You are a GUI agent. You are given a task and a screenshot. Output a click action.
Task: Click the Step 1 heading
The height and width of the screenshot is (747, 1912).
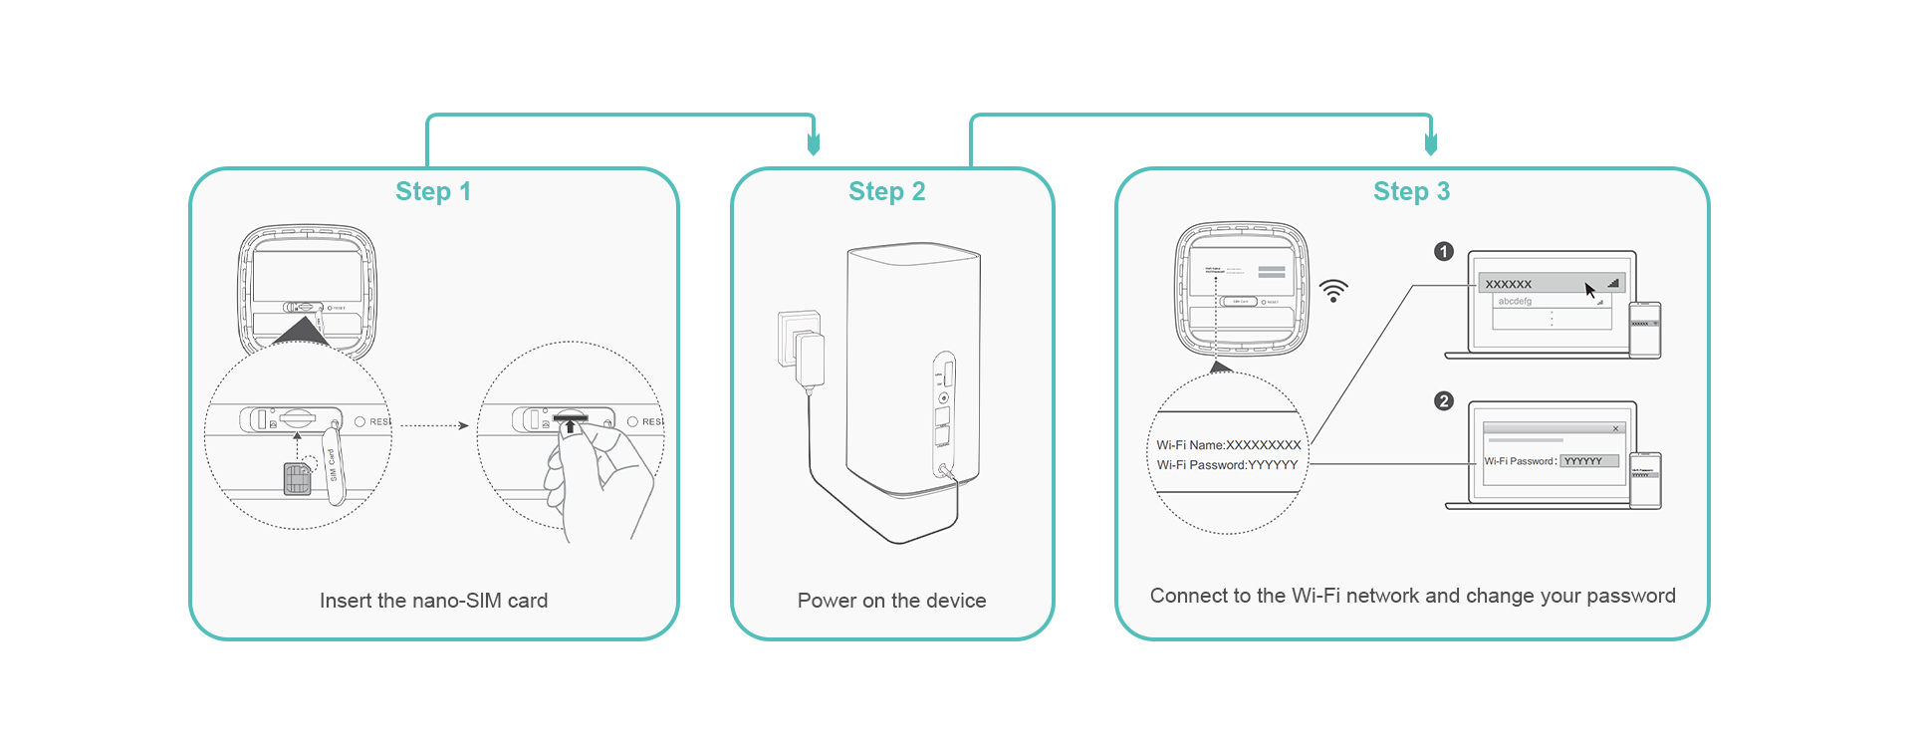(433, 191)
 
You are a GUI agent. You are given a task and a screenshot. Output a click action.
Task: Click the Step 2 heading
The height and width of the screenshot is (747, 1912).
(886, 191)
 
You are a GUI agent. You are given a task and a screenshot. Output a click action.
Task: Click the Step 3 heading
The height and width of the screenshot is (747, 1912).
(1411, 191)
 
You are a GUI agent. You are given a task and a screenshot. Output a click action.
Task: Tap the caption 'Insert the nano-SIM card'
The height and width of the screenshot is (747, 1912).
(433, 601)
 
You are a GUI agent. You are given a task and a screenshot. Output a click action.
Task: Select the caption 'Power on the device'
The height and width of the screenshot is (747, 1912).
(891, 601)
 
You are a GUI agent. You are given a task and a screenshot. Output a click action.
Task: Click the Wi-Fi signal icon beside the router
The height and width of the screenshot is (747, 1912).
(1333, 291)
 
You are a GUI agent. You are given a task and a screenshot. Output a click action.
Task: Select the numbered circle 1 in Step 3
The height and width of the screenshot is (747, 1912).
(1444, 252)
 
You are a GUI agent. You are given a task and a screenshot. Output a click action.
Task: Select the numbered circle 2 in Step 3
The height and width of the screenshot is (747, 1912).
(1444, 401)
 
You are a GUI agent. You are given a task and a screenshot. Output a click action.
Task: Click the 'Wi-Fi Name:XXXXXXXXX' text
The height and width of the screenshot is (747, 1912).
(1229, 445)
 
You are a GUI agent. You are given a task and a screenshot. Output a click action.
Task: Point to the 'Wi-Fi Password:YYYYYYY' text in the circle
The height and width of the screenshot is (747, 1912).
(1227, 465)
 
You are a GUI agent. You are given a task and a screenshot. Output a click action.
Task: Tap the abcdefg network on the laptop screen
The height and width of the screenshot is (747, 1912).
(1516, 301)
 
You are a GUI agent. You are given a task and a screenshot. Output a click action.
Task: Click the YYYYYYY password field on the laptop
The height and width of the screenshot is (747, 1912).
(1589, 461)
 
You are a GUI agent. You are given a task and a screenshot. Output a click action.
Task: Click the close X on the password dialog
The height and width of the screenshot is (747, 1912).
(1615, 428)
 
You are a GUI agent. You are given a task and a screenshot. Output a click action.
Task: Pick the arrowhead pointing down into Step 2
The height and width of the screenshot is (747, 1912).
(814, 144)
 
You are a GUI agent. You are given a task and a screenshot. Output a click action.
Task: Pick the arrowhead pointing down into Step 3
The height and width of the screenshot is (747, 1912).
(1431, 144)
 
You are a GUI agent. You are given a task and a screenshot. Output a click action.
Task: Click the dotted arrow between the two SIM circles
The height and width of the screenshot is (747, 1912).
(434, 425)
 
